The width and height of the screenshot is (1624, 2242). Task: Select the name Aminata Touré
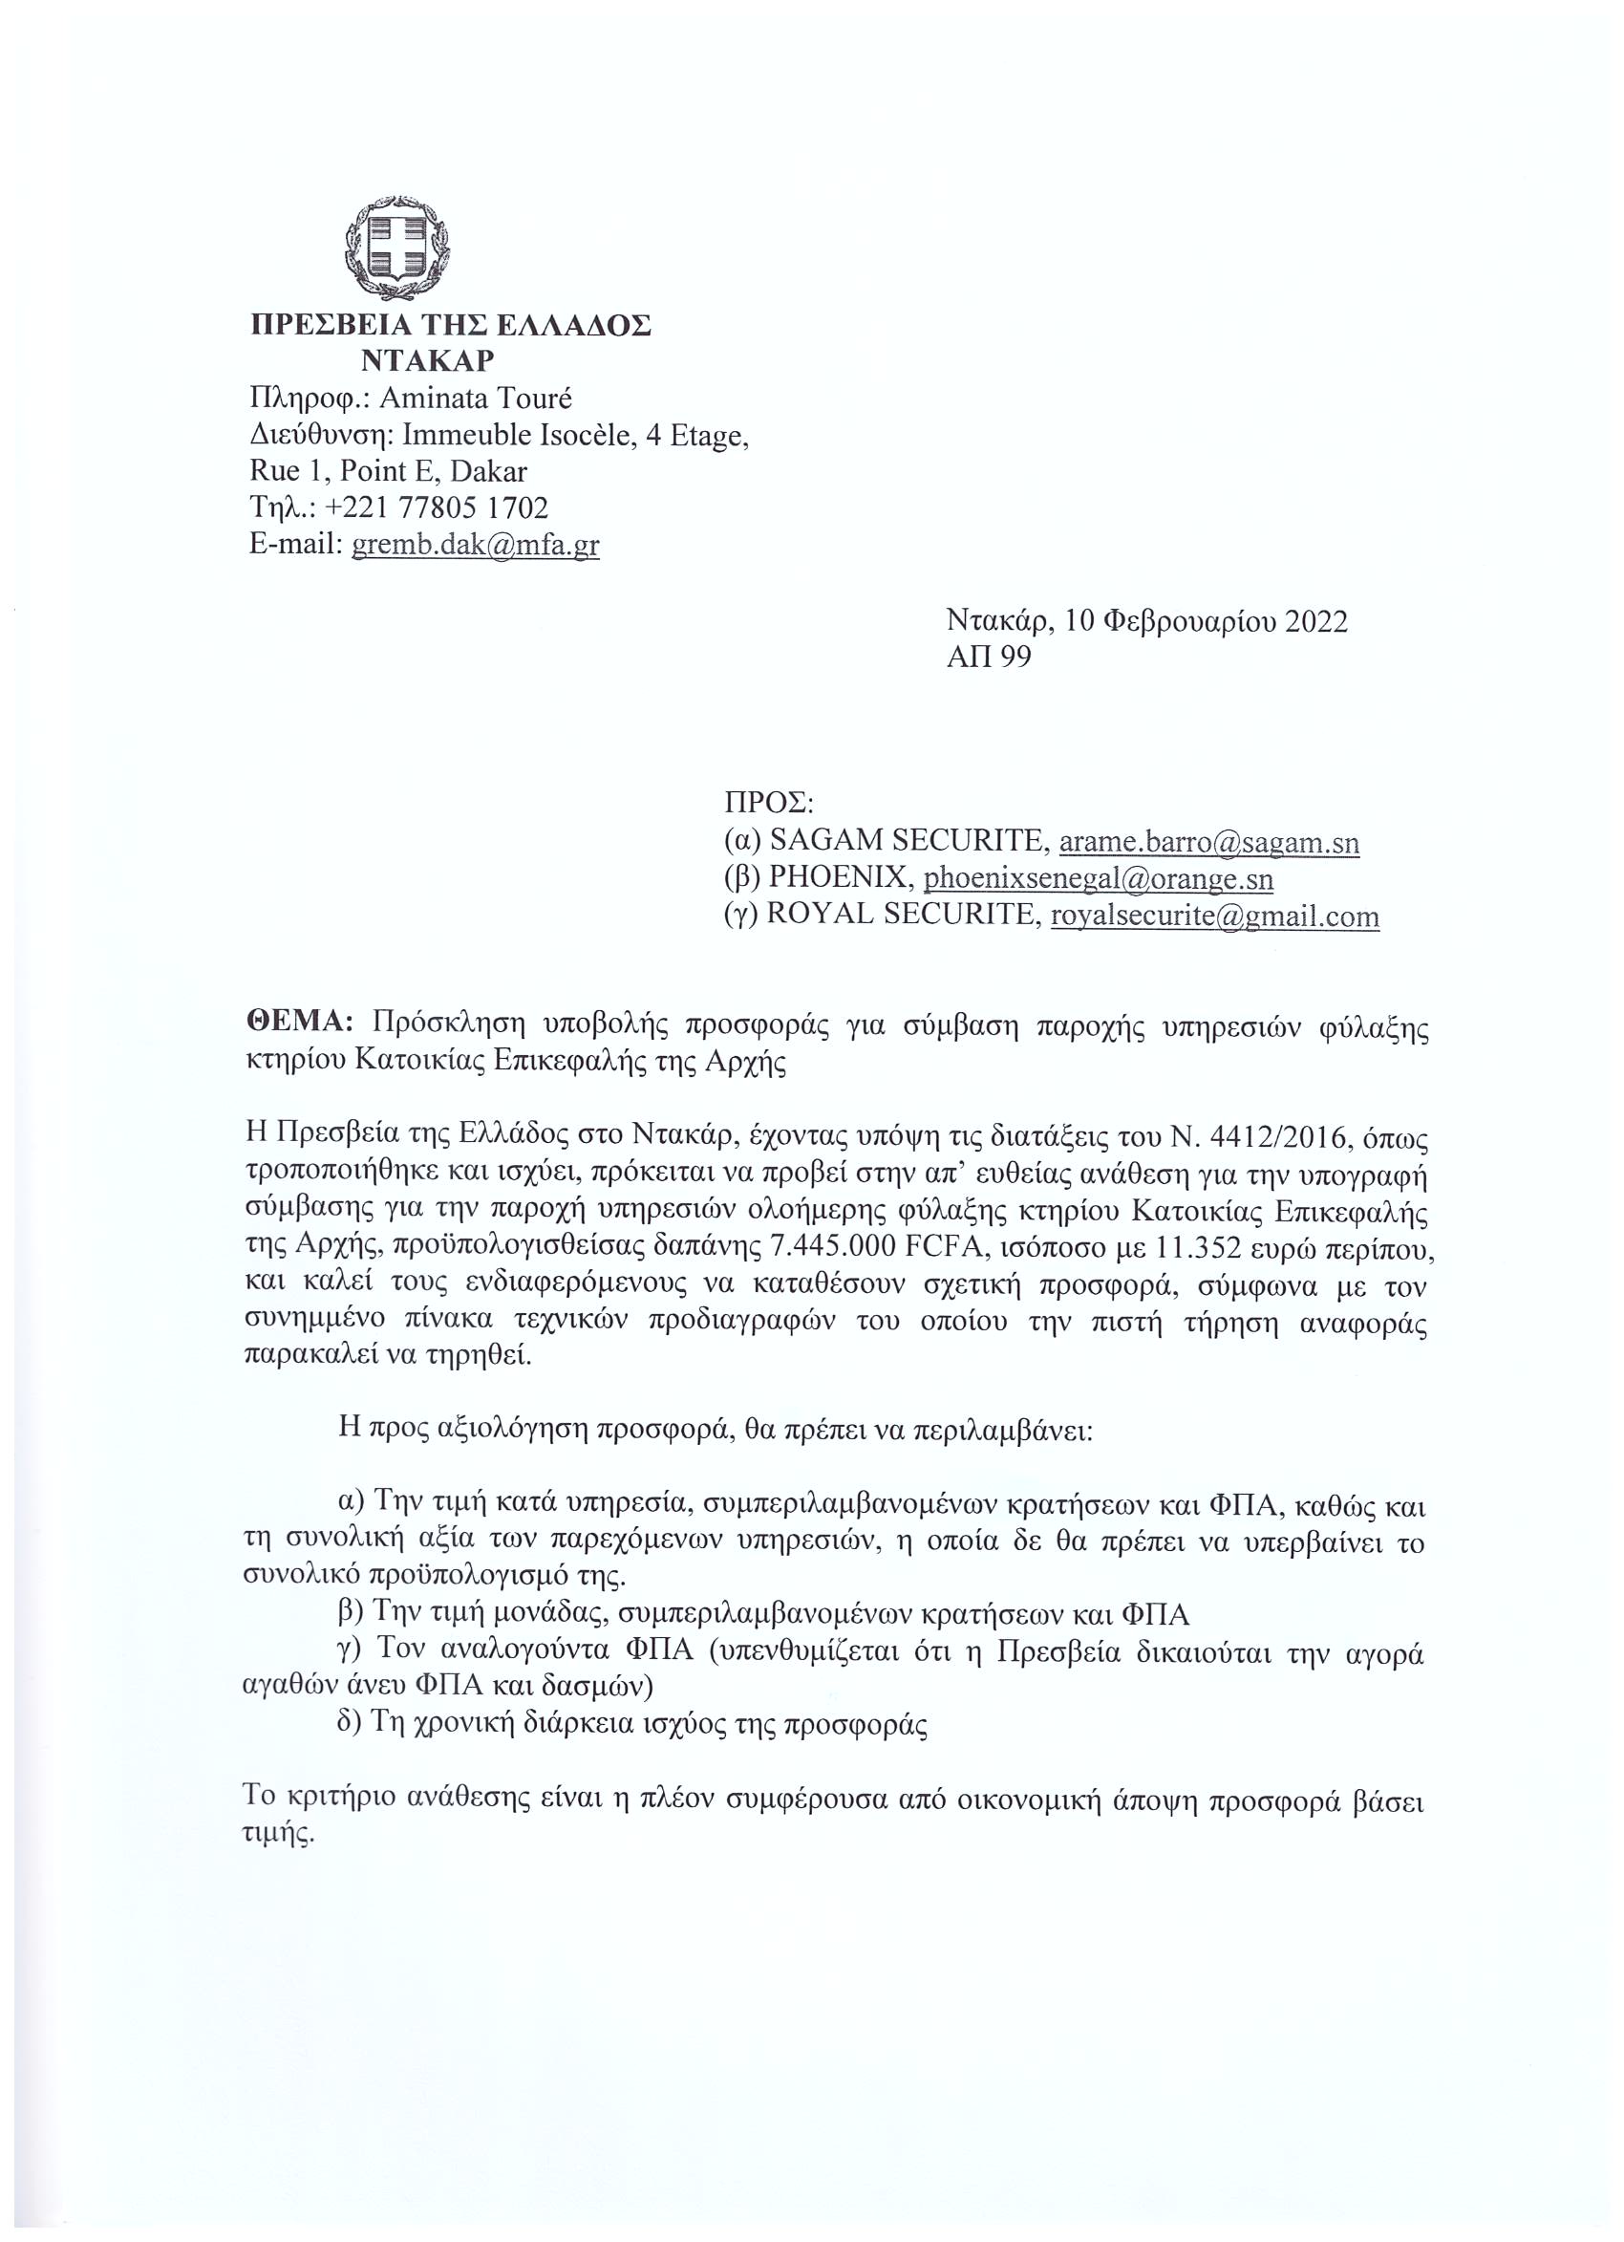tap(477, 398)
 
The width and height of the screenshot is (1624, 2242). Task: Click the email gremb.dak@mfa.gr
tap(476, 545)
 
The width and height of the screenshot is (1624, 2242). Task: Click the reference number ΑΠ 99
tap(989, 658)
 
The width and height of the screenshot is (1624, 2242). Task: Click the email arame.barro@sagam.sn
tap(1208, 842)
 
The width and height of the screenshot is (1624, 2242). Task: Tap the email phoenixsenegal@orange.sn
tap(1099, 879)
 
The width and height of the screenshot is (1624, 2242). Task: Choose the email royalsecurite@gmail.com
tap(1215, 916)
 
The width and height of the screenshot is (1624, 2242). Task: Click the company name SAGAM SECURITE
tap(908, 842)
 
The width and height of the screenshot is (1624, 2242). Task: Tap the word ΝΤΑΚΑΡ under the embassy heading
tap(427, 361)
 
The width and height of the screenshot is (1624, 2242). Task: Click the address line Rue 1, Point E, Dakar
tap(389, 470)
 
